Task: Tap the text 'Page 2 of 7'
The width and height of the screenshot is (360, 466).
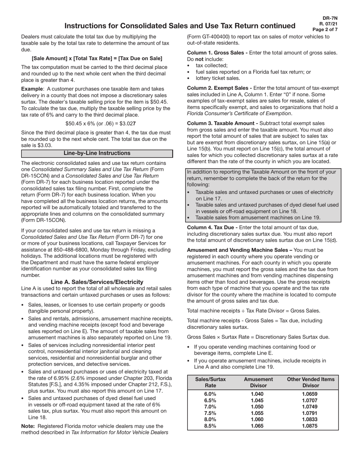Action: tap(325, 30)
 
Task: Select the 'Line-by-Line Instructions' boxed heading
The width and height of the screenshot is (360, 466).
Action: tap(97, 153)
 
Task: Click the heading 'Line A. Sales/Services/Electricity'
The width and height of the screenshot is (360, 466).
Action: tap(97, 282)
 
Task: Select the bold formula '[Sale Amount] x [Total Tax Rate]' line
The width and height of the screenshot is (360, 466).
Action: tap(97, 58)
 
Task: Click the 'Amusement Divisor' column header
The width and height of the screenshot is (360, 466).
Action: tap(258, 382)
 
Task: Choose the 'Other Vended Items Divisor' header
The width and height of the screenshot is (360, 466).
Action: tap(311, 382)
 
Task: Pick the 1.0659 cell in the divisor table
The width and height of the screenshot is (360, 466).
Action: tap(310, 394)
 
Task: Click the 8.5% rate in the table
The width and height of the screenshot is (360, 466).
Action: tap(210, 426)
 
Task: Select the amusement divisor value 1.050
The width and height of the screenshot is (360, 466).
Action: tap(258, 407)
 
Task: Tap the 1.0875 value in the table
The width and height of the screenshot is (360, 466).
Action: tap(310, 426)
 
